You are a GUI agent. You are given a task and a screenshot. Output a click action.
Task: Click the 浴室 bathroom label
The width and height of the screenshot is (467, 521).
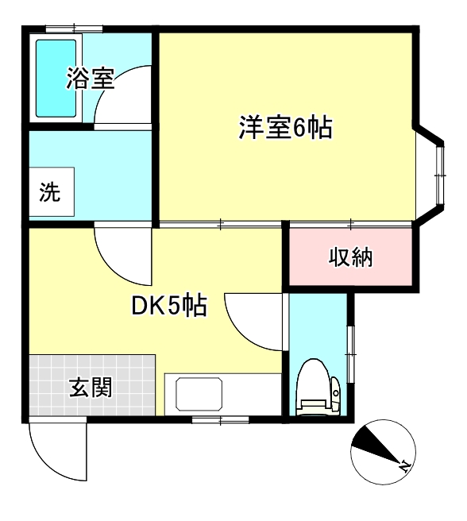[x=91, y=79]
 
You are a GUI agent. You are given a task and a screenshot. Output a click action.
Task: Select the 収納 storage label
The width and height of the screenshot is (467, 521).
[x=351, y=257]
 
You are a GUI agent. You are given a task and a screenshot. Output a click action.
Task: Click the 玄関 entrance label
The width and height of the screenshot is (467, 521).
[x=90, y=388]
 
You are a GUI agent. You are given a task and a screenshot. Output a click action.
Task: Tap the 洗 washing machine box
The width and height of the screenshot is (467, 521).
[x=51, y=193]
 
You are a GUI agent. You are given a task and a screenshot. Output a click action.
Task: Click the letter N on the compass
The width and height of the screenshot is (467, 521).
[x=403, y=465]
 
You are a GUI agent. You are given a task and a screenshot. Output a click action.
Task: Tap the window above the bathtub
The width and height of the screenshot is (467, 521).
[x=73, y=29]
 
